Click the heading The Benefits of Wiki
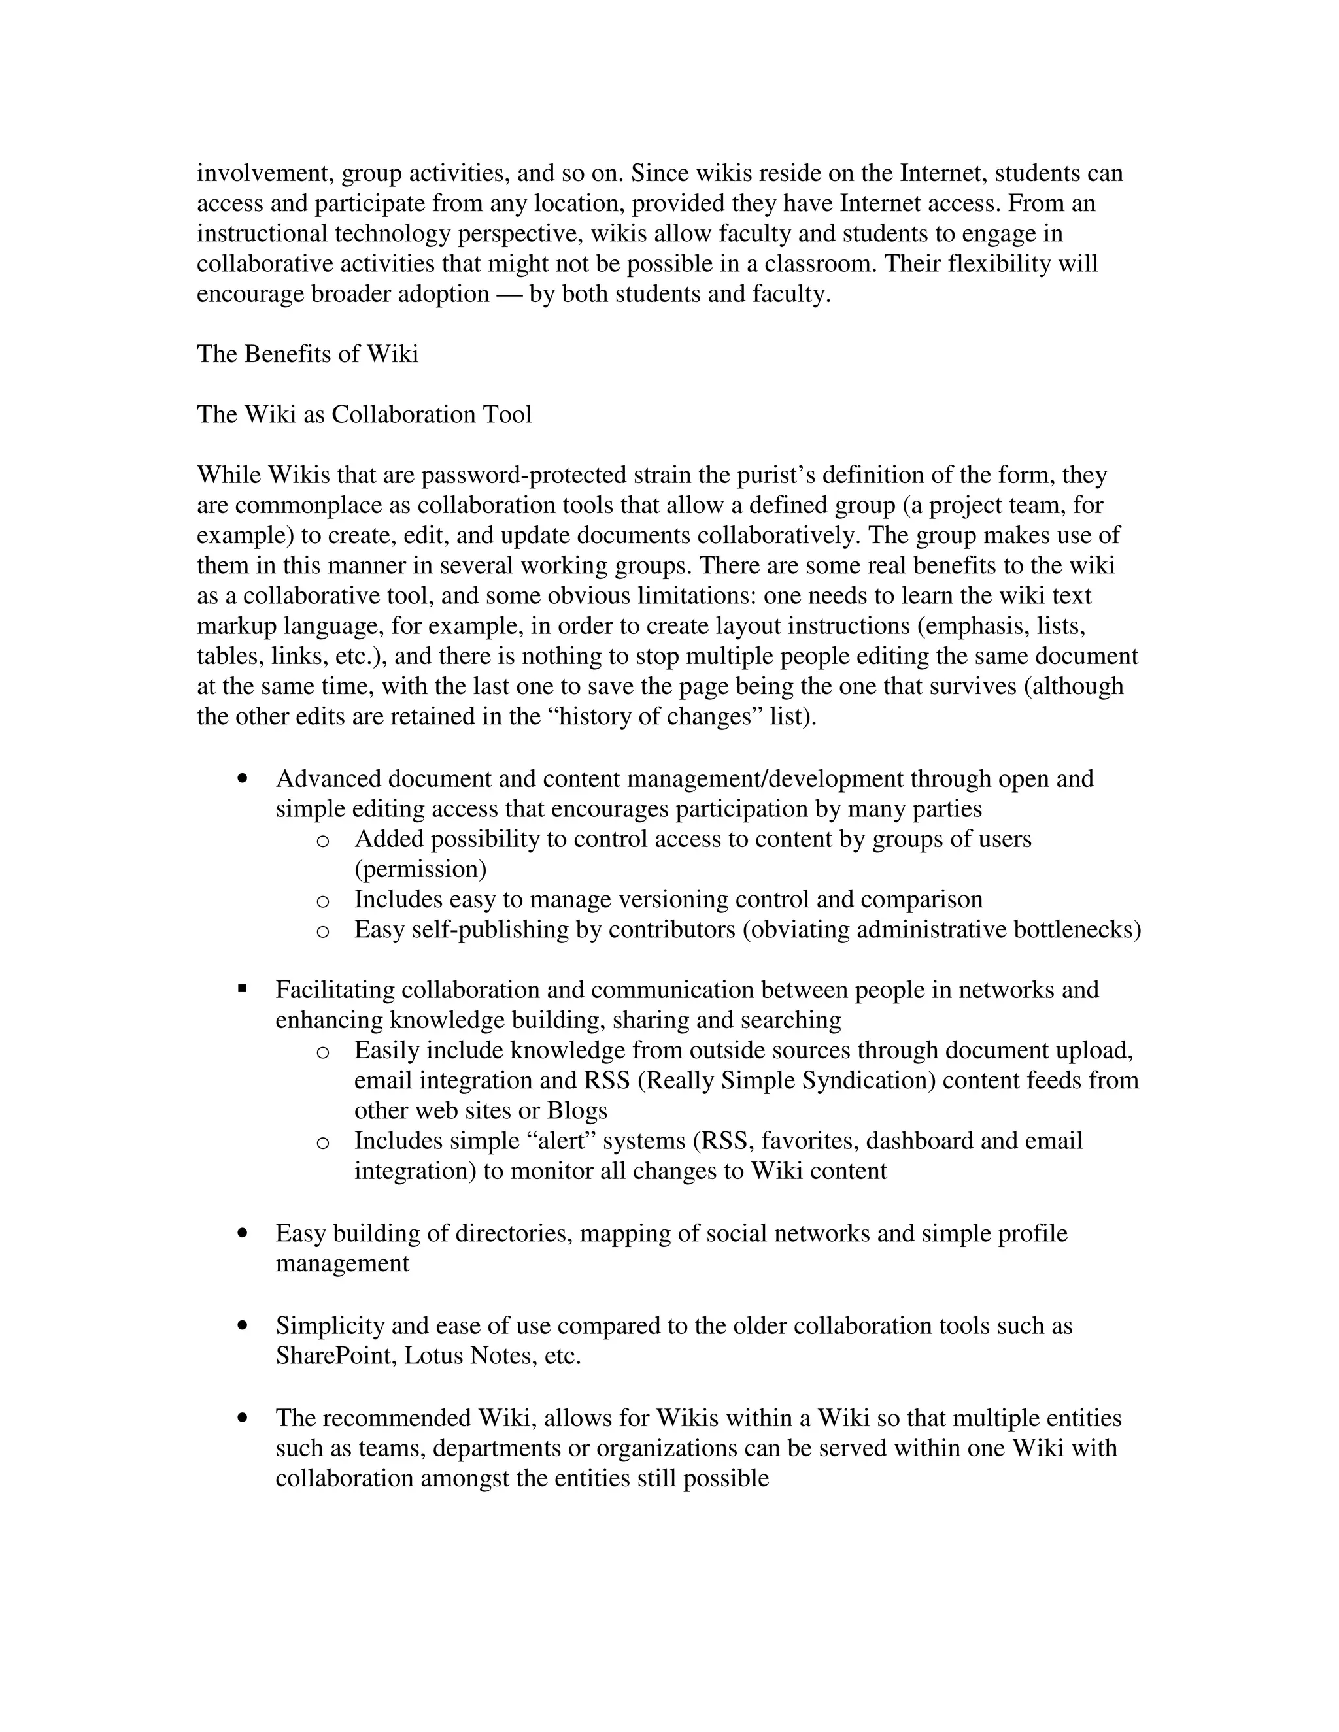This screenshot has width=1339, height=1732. click(307, 354)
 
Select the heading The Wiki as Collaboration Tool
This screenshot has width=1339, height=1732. click(364, 414)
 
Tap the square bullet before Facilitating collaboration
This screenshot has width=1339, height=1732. click(243, 988)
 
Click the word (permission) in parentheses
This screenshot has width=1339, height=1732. click(420, 869)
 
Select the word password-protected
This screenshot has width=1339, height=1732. click(524, 475)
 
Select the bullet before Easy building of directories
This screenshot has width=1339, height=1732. click(243, 1233)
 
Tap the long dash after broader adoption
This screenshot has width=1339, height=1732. click(509, 294)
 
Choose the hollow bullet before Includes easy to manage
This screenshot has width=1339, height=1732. click(322, 901)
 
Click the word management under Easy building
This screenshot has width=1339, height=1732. click(342, 1263)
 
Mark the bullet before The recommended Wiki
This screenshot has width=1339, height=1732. click(243, 1417)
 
